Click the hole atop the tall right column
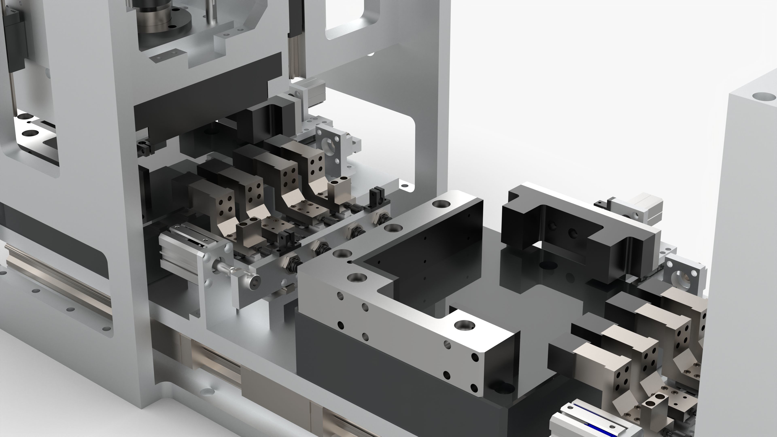(x=763, y=97)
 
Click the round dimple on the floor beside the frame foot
(x=208, y=391)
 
